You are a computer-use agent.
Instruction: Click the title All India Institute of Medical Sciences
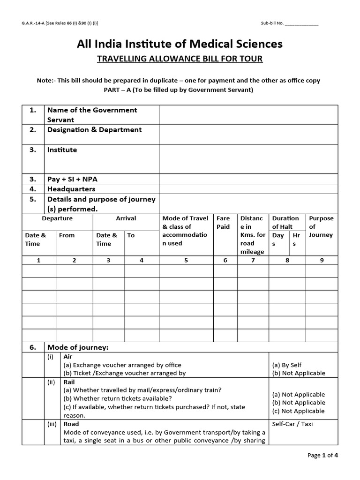point(180,44)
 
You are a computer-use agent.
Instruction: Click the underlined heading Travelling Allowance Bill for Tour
point(180,59)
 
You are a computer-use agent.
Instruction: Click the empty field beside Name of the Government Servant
point(248,115)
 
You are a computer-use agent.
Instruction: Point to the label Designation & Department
point(94,130)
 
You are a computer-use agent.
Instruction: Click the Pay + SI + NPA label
point(72,179)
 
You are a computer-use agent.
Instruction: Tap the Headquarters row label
point(71,189)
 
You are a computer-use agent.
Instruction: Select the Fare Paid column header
point(223,223)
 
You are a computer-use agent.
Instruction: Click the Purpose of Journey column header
point(322,226)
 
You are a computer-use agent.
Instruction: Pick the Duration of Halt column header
point(285,223)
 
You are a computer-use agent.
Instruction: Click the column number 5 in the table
point(186,260)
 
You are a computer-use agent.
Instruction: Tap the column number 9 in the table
point(322,260)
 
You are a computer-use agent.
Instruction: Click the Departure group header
point(57,218)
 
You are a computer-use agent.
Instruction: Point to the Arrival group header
point(126,218)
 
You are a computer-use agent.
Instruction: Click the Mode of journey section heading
point(78,347)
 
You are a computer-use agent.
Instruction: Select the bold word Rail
point(69,382)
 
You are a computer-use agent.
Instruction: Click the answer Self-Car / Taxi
point(292,424)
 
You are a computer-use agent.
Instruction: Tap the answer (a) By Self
point(286,365)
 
